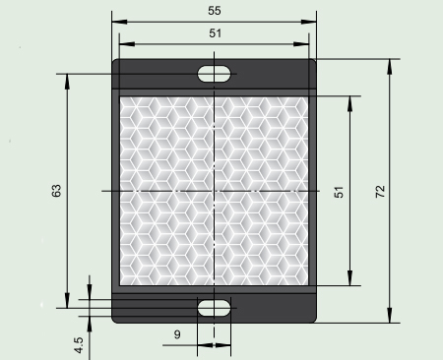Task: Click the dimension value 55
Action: [215, 11]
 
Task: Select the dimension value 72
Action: [380, 192]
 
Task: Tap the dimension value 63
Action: [56, 191]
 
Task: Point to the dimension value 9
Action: [177, 334]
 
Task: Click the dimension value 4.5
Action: [79, 345]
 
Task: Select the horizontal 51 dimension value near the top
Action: [216, 33]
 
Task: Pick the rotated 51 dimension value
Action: [339, 192]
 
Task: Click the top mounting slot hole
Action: [214, 74]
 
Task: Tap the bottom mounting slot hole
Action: [214, 308]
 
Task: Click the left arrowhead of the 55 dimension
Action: [119, 22]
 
